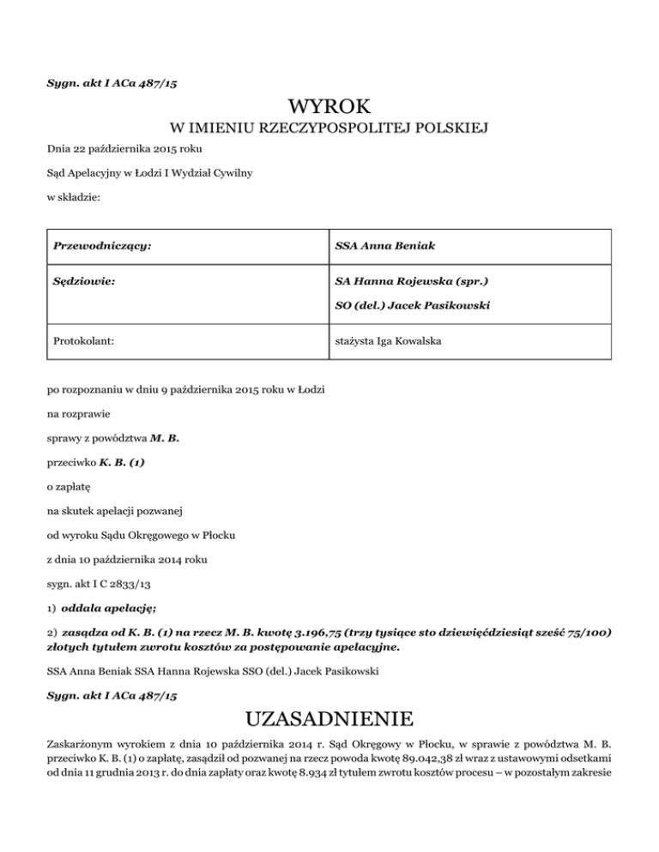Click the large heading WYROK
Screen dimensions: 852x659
click(329, 108)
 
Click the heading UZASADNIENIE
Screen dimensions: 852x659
click(329, 717)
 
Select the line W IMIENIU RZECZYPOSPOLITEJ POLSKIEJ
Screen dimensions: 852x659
click(329, 129)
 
